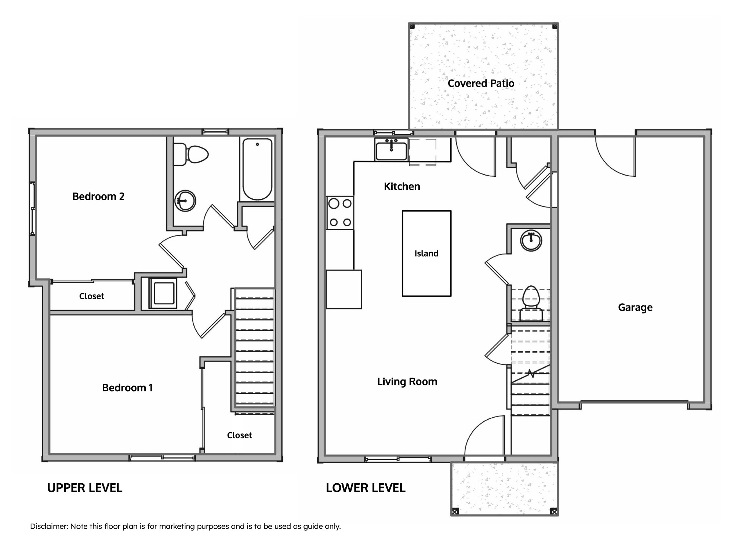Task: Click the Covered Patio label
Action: (481, 83)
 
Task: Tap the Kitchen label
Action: (402, 186)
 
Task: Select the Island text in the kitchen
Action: (426, 253)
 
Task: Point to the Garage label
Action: (635, 307)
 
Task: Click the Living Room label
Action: (407, 382)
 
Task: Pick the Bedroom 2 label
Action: (98, 197)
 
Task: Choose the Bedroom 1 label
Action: (127, 388)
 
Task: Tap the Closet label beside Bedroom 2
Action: (92, 296)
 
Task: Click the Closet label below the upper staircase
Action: (240, 435)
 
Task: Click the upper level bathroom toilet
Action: (191, 154)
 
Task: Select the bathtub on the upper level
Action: (257, 169)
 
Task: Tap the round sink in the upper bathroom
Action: (185, 201)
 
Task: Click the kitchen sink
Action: (391, 150)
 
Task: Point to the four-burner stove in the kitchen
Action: (340, 213)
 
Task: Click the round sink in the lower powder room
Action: (531, 241)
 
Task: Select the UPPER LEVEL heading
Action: (85, 488)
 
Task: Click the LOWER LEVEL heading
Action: (366, 488)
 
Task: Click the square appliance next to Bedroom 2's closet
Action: (163, 293)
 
